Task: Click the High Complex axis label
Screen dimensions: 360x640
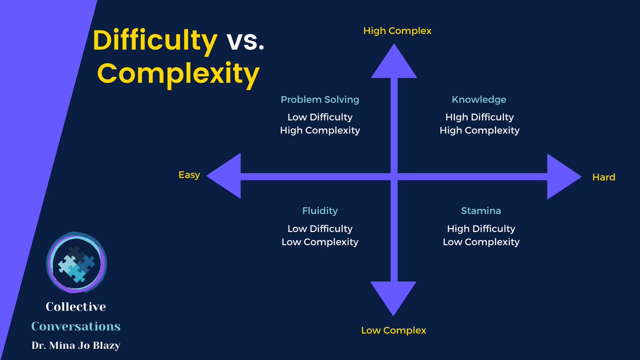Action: (x=397, y=31)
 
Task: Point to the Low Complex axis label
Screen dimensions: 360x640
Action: (x=394, y=331)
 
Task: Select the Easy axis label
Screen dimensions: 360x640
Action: (x=189, y=175)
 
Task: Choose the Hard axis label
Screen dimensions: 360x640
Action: (x=604, y=177)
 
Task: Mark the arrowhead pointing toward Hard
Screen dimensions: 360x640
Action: (x=563, y=177)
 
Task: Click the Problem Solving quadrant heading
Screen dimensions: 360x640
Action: (x=320, y=100)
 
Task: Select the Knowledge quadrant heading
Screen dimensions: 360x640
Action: (x=479, y=100)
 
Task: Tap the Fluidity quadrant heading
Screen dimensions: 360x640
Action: (x=320, y=211)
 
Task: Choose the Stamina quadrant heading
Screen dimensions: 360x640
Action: (x=481, y=211)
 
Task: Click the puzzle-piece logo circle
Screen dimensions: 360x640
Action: (x=76, y=262)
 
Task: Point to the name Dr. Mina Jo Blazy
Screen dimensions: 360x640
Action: (x=76, y=345)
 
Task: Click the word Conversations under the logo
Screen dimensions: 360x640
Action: (x=76, y=326)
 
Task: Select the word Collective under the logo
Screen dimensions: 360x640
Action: (x=76, y=307)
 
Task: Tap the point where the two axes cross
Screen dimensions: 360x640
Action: (x=394, y=177)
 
